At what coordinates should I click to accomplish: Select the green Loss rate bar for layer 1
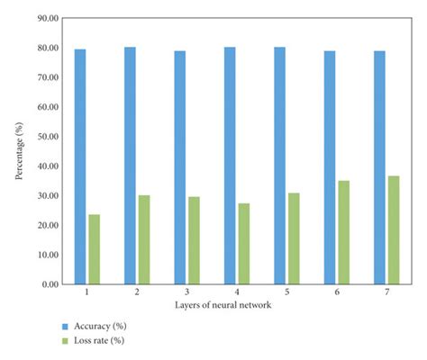pos(94,249)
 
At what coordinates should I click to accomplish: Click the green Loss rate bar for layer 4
pos(243,244)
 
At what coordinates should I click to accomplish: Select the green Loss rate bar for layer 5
pos(294,238)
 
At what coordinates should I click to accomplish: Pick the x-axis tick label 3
pos(186,293)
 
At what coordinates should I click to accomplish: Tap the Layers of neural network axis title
pos(237,305)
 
